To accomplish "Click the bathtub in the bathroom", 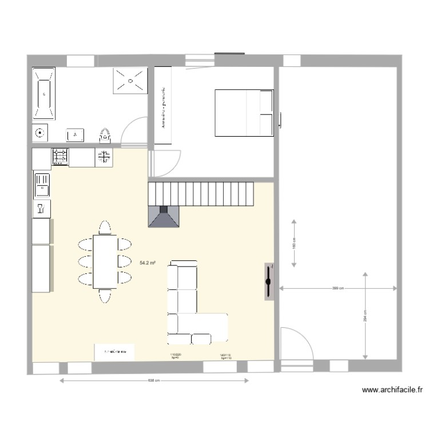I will coord(44,94).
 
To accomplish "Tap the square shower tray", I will coord(130,81).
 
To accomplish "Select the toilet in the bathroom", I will coord(105,135).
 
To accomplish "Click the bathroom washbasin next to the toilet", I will coord(75,134).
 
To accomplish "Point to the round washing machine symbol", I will coord(39,134).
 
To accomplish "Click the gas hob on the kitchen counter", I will coord(61,157).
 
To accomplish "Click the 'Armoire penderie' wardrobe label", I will coord(163,106).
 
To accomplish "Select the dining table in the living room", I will coord(105,261).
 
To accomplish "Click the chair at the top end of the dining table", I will coord(104,228).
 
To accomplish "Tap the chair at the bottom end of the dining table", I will coord(104,296).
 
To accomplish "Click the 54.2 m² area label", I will coord(148,263).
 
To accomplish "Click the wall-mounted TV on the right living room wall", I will coord(268,281).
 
